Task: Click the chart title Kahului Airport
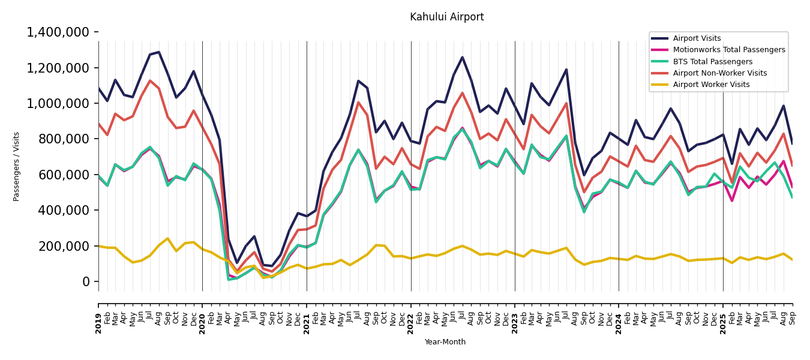446,17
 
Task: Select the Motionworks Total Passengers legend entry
728,50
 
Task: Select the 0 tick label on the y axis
86,282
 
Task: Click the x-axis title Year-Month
445,342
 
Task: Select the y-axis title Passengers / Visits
17,166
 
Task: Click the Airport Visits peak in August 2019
159,52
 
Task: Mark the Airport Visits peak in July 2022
462,58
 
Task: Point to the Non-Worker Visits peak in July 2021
358,102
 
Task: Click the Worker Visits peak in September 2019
167,239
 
